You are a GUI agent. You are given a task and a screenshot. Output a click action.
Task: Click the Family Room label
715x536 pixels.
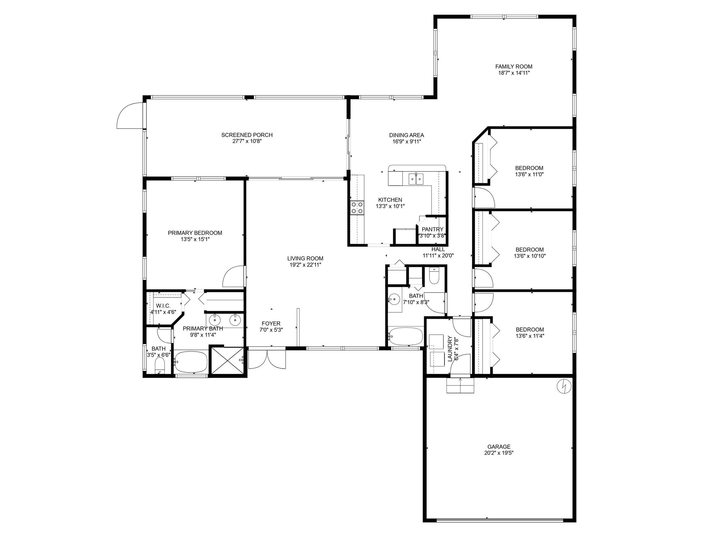(x=514, y=67)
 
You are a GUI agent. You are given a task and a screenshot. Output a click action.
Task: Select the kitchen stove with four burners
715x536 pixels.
(x=357, y=208)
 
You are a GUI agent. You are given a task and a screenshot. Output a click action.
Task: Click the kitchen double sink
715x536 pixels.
(x=415, y=179)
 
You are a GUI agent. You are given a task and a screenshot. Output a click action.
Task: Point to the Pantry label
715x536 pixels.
(x=432, y=229)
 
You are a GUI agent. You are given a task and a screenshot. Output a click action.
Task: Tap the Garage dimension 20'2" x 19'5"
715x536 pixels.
(x=499, y=453)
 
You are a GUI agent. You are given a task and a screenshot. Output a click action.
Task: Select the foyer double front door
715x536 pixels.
(x=267, y=359)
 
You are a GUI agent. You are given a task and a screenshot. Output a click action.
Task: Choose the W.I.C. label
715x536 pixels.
(x=163, y=306)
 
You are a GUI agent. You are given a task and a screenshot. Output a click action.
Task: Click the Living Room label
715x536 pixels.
(x=305, y=258)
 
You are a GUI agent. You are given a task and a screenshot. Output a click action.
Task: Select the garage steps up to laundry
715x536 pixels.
(x=460, y=385)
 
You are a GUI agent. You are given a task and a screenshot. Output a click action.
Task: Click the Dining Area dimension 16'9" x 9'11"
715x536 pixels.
(x=406, y=142)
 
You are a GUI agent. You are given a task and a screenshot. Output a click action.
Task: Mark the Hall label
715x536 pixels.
(x=438, y=249)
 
